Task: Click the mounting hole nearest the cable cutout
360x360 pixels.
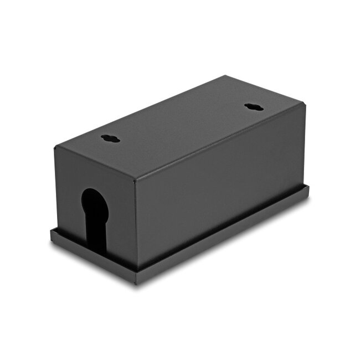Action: pos(110,138)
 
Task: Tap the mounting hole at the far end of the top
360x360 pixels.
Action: pos(253,106)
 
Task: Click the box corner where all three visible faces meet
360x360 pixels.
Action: pos(136,181)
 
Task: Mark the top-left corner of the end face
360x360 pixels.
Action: pos(55,147)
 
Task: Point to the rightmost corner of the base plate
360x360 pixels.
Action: pos(310,188)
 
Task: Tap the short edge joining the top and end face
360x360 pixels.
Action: pos(95,164)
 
